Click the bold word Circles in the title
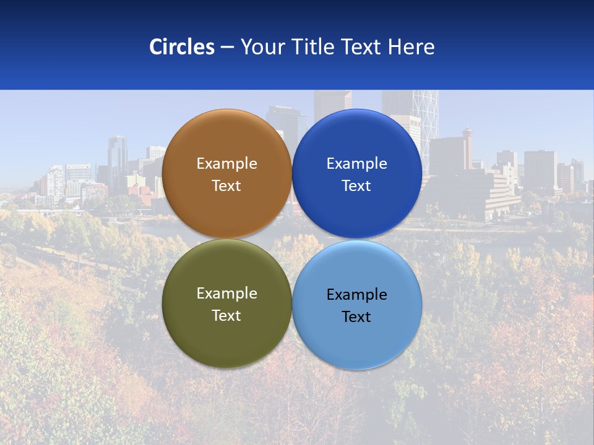coord(182,47)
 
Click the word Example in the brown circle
coord(226,164)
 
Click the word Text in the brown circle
coord(226,185)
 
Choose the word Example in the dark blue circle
coord(356,164)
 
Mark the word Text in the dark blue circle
coord(356,185)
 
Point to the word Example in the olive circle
coord(226,294)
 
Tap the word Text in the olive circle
coord(226,315)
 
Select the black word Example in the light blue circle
coord(356,295)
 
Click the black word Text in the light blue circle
coord(356,316)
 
